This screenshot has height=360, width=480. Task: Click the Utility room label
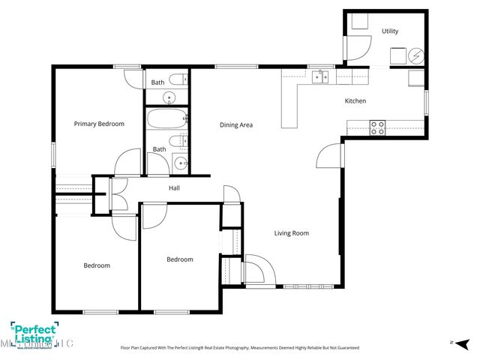click(x=390, y=31)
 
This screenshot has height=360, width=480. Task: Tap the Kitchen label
click(x=355, y=100)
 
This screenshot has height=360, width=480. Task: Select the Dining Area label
click(x=235, y=124)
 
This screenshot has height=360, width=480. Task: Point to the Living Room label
click(x=291, y=233)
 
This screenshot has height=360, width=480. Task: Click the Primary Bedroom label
click(x=99, y=124)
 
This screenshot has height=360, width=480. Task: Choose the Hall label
click(x=174, y=187)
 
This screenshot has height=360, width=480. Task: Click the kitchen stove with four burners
click(x=377, y=127)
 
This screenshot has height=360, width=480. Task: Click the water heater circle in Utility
click(x=415, y=55)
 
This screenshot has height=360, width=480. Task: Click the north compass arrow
click(x=453, y=342)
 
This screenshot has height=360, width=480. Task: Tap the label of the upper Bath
click(x=157, y=82)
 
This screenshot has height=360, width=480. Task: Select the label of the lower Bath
click(x=160, y=149)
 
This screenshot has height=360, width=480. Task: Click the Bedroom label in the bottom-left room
click(x=97, y=265)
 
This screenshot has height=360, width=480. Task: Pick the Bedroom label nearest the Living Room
click(x=179, y=259)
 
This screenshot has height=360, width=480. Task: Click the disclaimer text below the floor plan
click(x=240, y=348)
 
